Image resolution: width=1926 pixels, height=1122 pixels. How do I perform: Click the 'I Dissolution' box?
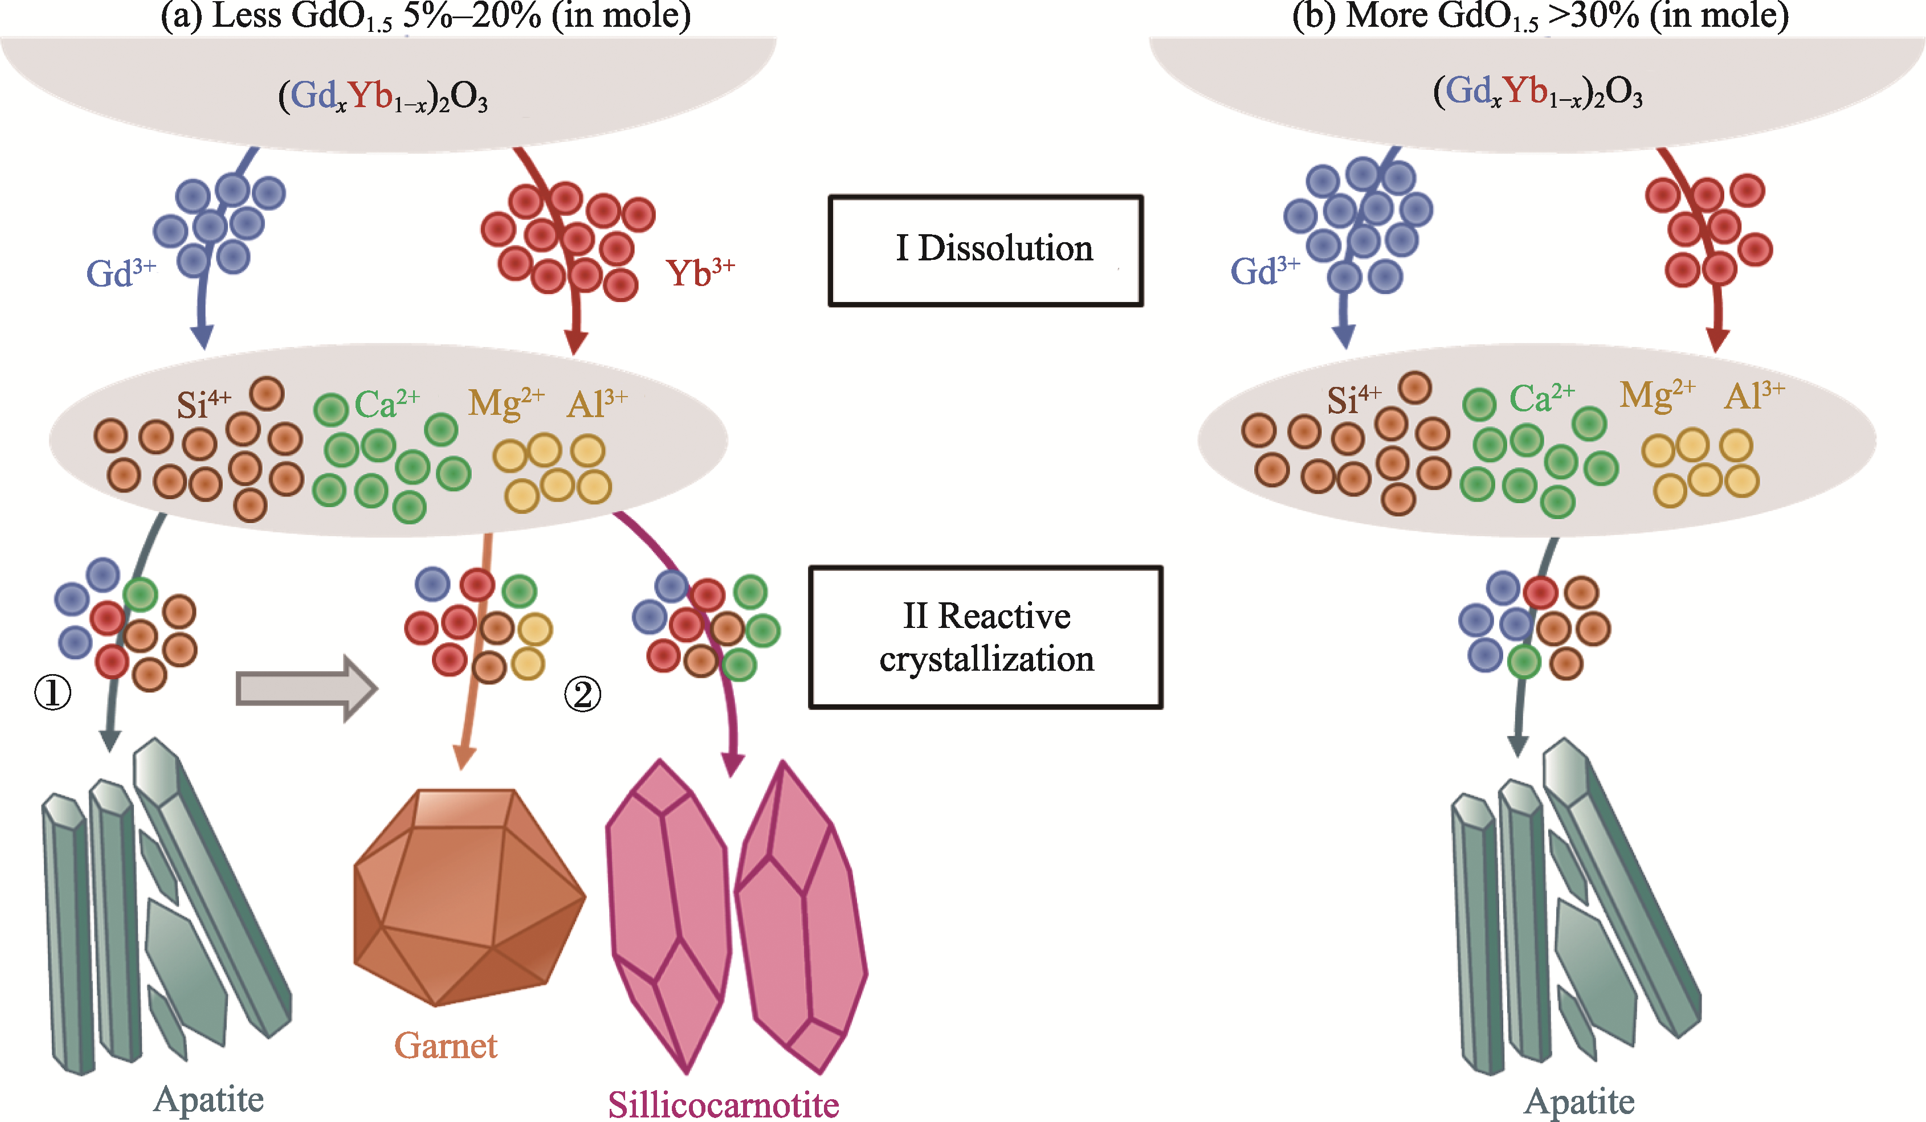pos(986,250)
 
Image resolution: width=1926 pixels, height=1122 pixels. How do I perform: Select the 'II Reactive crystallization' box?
pos(986,637)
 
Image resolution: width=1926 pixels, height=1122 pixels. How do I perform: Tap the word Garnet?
pos(446,1046)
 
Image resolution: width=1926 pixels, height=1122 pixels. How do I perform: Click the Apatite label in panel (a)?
pos(209,1100)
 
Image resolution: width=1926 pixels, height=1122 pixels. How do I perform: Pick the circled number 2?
pos(582,695)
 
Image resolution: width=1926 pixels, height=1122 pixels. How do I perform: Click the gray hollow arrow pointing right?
pos(306,688)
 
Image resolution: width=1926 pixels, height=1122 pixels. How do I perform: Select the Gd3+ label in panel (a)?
pos(120,273)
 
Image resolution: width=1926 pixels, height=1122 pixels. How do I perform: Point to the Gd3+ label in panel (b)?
pos(1264,271)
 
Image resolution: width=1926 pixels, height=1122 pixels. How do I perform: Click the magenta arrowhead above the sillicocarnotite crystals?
pos(732,764)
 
